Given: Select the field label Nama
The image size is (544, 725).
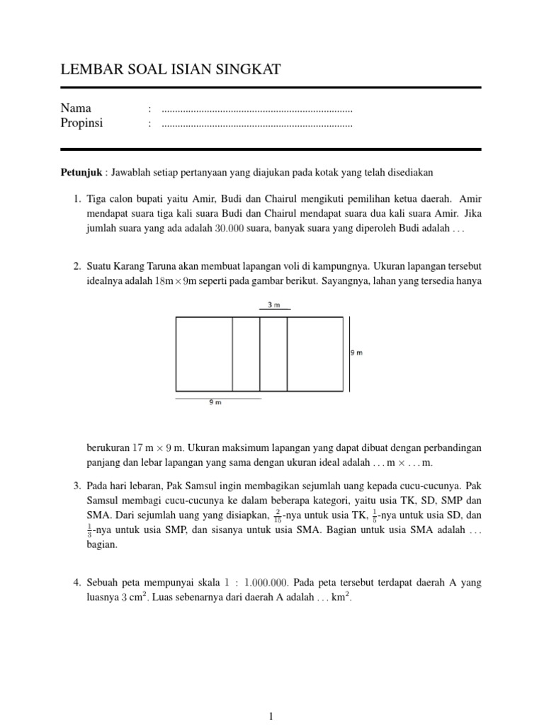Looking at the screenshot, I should pos(76,109).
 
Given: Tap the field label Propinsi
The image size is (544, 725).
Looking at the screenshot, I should pos(81,123).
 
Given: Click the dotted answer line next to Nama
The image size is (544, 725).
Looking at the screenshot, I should pos(257,110).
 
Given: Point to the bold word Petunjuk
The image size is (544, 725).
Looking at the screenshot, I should pos(81,172).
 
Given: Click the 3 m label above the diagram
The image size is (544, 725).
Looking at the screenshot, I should pos(273,304).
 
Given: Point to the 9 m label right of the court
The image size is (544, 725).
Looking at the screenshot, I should pos(357,353).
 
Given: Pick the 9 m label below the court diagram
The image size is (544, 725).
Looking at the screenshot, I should pos(215,402).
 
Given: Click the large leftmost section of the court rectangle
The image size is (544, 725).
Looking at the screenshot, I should pos(204,354).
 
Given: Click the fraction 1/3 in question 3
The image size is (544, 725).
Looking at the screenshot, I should pos(90,530).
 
